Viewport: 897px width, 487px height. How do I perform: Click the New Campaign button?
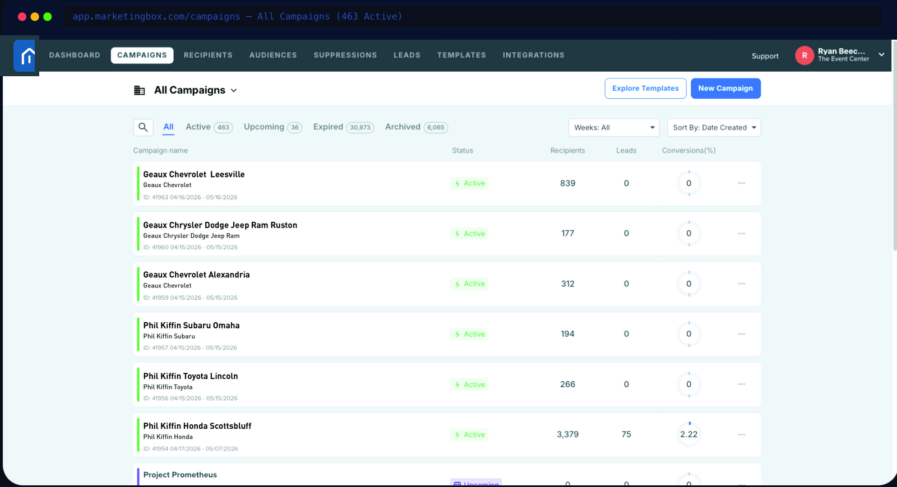725,89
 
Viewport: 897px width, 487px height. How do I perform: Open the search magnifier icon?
143,127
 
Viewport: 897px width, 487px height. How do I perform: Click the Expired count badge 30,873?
359,127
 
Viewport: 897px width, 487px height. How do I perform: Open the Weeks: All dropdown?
614,127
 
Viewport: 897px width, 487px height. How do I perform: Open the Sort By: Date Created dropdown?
714,127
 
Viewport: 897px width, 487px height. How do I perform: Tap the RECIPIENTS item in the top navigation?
208,55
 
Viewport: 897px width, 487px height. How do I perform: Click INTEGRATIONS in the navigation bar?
533,55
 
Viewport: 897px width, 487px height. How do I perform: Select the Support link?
765,56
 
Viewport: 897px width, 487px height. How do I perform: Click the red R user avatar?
804,55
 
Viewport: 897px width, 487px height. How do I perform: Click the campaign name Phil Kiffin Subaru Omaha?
191,326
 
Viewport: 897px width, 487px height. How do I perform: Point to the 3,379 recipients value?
567,434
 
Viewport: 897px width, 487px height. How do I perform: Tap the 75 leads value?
626,434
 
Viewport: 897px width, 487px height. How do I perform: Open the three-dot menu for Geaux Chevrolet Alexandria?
741,284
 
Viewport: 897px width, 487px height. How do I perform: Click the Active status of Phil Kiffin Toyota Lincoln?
469,384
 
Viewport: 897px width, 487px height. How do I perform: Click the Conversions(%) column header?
688,150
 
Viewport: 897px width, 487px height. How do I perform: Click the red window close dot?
22,16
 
